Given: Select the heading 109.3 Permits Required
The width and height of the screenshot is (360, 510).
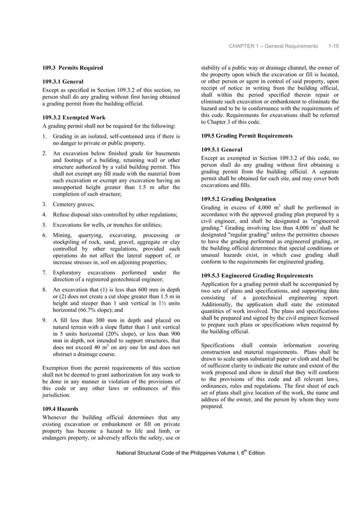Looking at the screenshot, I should (x=73, y=68).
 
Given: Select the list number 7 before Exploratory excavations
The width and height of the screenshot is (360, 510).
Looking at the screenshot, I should (x=45, y=273).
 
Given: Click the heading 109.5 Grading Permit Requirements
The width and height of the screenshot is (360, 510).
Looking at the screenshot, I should (x=247, y=136).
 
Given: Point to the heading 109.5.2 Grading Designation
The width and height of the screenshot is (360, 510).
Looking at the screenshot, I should (x=238, y=199).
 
